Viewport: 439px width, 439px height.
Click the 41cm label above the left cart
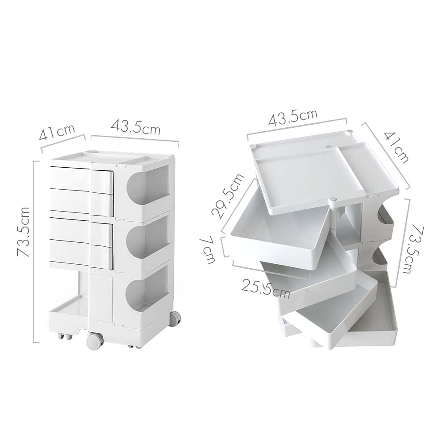[x=57, y=132]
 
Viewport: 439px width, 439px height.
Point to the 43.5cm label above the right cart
[x=293, y=117]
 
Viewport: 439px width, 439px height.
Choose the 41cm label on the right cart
[x=396, y=147]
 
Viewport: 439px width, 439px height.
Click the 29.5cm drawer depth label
[x=227, y=196]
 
